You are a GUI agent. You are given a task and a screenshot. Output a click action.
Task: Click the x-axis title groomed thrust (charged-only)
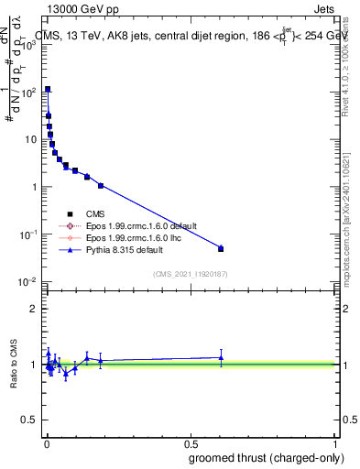[x=267, y=458]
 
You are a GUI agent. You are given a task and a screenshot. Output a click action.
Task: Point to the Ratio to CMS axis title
[x=15, y=365]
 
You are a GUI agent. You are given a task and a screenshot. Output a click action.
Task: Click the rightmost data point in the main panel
[x=221, y=248]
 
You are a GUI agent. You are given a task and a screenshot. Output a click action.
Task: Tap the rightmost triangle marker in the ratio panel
[x=221, y=357]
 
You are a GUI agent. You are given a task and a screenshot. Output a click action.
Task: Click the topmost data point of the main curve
[x=48, y=90]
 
